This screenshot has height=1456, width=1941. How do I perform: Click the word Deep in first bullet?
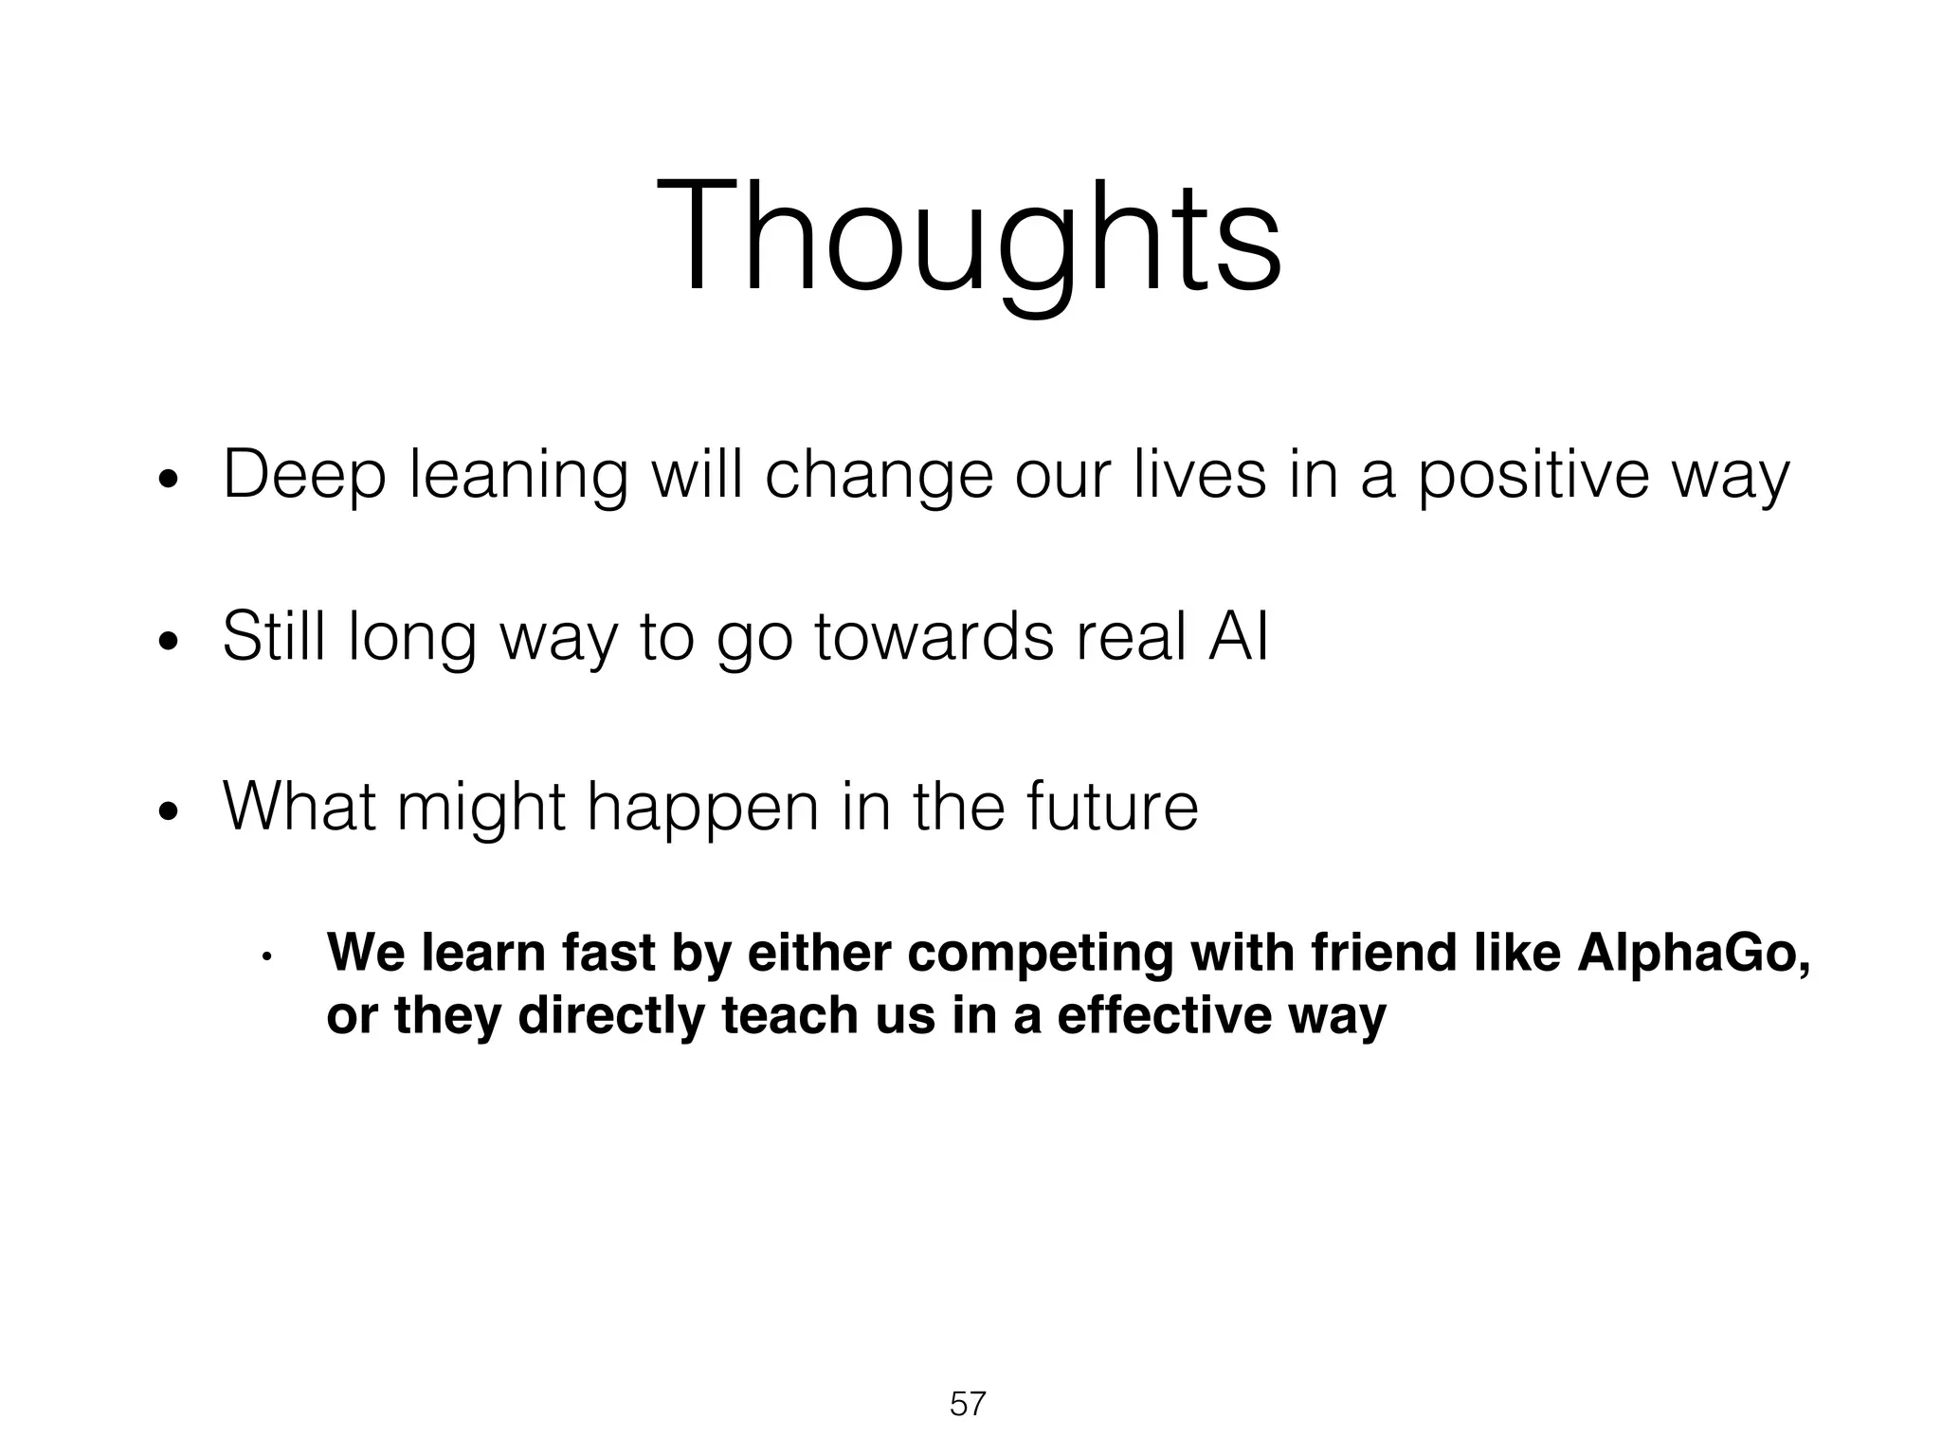point(304,476)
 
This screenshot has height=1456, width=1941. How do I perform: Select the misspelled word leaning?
point(518,476)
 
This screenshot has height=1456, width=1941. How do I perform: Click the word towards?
point(934,636)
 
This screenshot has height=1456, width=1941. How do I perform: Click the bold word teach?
point(781,1016)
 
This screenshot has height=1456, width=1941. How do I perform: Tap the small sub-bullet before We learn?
point(267,956)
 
